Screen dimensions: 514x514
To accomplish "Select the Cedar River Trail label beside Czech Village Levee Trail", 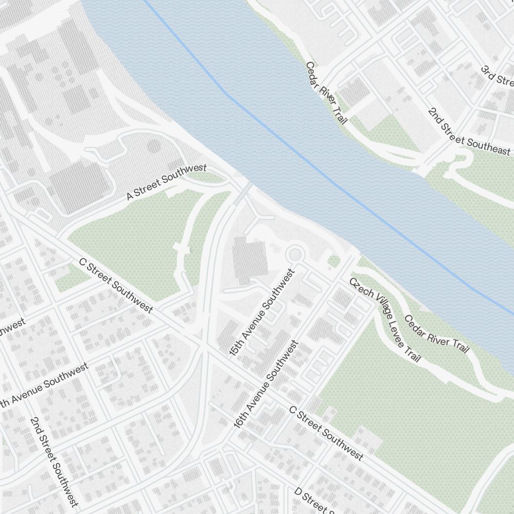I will point(437,334).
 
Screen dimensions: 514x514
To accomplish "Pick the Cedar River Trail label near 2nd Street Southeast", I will point(326,93).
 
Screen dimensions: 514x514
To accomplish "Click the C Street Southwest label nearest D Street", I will point(326,433).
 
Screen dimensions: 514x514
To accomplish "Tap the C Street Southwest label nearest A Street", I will point(116,285).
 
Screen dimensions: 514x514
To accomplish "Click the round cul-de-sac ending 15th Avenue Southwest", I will point(295,254).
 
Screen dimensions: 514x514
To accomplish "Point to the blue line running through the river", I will point(308,159).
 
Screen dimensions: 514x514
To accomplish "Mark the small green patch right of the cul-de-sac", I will point(334,262).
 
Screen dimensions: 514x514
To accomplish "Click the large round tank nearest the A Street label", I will point(154,146).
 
